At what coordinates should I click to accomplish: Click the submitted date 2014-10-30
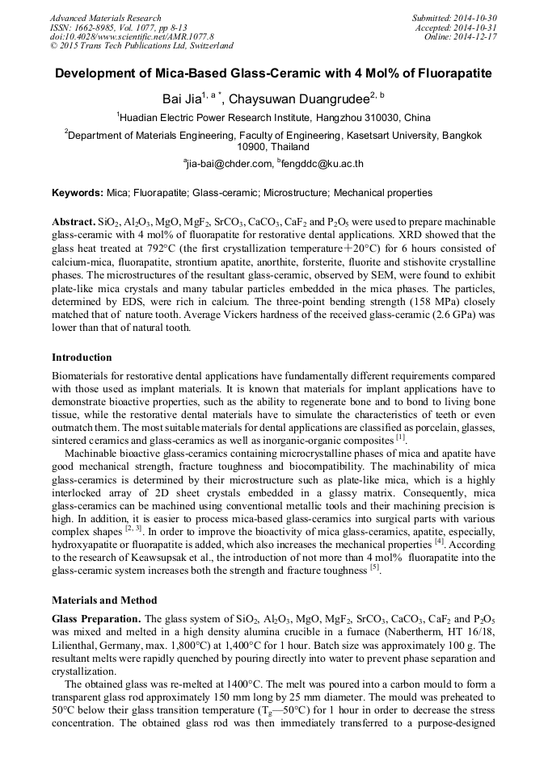click(475, 18)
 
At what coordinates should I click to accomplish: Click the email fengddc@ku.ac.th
click(322, 164)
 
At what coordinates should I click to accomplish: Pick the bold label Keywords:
click(77, 193)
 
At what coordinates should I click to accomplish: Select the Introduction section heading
click(82, 357)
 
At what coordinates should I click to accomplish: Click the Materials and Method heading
click(103, 600)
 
